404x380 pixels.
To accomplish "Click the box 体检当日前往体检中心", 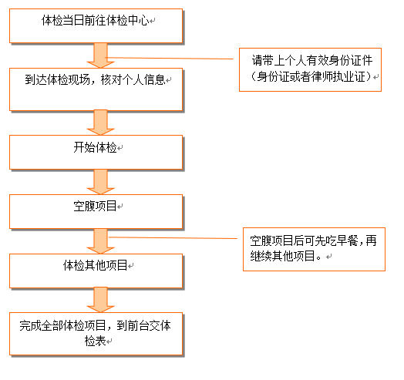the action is (x=96, y=25).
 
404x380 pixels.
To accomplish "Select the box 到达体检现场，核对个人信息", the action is (x=96, y=89).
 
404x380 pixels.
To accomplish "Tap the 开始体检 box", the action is (x=96, y=153).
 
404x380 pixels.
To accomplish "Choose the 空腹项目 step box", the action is (x=96, y=211).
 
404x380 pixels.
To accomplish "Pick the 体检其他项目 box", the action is (x=96, y=271).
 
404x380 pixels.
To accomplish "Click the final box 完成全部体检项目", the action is (x=96, y=334).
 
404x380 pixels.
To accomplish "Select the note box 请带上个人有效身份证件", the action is (x=310, y=69).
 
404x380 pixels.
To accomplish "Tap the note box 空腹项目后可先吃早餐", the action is (x=314, y=249).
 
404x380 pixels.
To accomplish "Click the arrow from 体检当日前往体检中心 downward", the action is (x=100, y=55).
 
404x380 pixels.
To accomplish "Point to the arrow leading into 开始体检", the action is (x=100, y=123).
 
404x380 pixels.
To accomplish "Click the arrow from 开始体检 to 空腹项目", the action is (x=100, y=182).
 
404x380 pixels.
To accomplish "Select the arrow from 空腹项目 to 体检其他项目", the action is (x=100, y=241).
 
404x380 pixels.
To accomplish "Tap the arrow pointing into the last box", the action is (x=100, y=300).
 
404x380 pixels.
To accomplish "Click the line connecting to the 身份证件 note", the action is (x=170, y=59).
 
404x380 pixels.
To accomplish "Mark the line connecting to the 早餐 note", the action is (x=173, y=238).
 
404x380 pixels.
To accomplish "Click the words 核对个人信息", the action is (x=133, y=79).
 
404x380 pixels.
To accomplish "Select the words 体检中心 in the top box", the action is (x=127, y=20).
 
